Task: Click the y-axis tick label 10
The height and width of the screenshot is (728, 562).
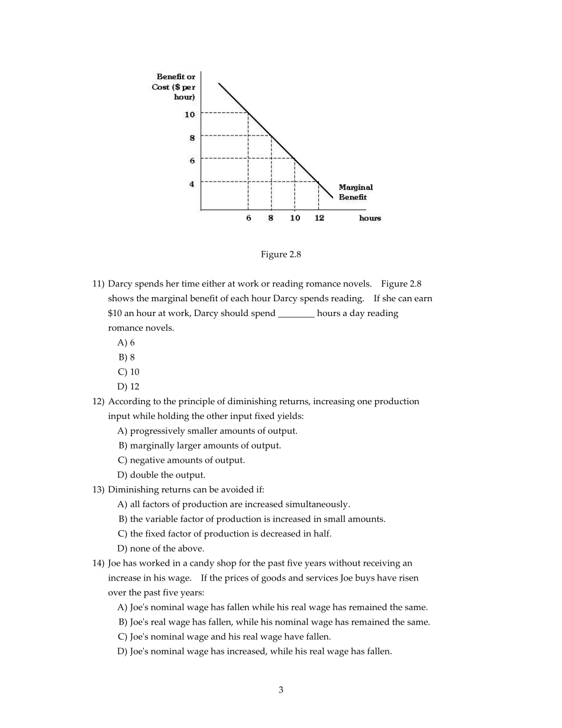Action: (x=189, y=114)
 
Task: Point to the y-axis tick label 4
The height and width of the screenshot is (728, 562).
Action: (x=192, y=184)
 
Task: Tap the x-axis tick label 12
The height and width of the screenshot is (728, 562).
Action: (x=319, y=218)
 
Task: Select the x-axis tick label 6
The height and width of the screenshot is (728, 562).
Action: (x=248, y=218)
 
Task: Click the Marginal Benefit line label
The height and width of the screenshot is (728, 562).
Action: (x=356, y=192)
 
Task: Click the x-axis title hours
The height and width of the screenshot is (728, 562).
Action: (x=370, y=218)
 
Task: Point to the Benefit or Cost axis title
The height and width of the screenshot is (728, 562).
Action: (x=174, y=86)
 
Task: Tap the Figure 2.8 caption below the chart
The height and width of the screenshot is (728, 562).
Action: (x=281, y=255)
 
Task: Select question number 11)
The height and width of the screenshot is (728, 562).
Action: (x=98, y=284)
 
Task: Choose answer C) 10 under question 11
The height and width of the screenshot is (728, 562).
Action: (x=128, y=372)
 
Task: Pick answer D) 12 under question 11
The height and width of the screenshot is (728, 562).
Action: (x=128, y=387)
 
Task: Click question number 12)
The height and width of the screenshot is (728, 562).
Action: (x=98, y=402)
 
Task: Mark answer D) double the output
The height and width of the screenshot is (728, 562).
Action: (x=162, y=475)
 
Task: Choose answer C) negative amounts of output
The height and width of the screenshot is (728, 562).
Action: (x=181, y=460)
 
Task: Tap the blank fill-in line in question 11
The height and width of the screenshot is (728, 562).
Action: (x=296, y=314)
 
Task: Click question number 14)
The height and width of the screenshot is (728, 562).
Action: (x=98, y=563)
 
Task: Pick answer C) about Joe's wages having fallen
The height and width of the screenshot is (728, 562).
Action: (x=224, y=637)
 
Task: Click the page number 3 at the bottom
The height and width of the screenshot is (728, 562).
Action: (x=281, y=690)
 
